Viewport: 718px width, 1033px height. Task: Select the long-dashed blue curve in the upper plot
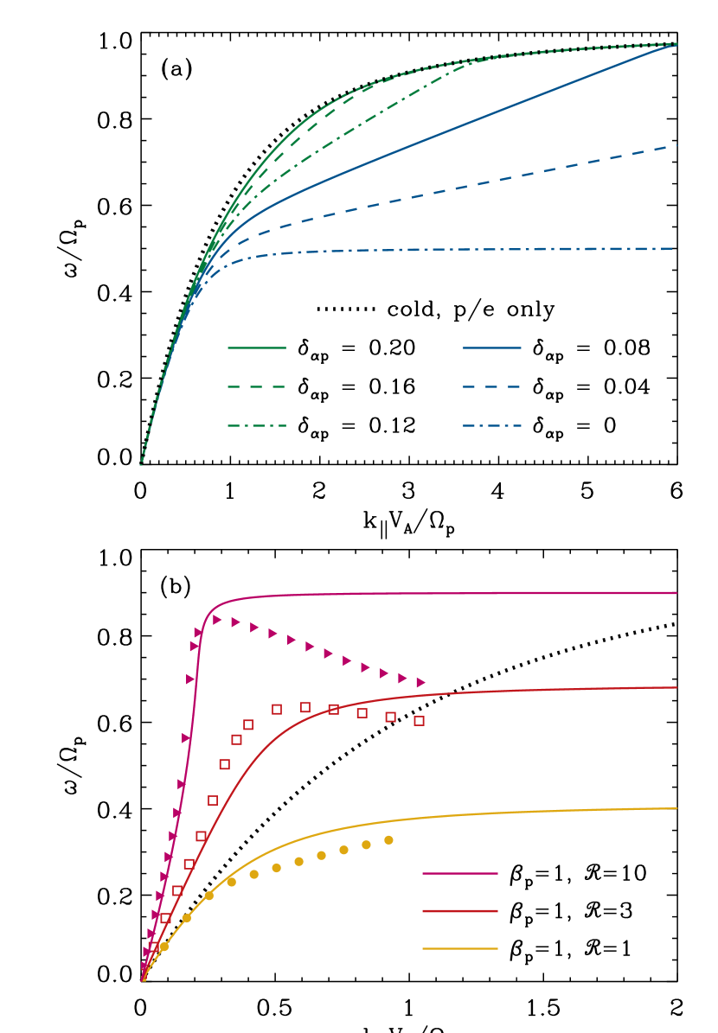[484, 182]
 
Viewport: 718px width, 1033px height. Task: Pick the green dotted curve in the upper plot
[588, 48]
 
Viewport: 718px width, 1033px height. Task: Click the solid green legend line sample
[257, 348]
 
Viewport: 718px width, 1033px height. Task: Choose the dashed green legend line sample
[257, 387]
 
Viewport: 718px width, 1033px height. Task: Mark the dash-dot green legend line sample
[257, 426]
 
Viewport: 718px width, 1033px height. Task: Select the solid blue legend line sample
[492, 348]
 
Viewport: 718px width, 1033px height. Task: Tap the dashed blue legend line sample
[492, 387]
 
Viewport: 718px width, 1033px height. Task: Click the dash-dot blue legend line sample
[492, 426]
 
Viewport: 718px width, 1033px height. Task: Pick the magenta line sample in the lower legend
[460, 874]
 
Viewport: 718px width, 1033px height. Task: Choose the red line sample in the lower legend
[460, 911]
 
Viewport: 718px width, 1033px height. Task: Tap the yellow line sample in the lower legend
[460, 949]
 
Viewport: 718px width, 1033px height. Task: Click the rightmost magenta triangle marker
[420, 683]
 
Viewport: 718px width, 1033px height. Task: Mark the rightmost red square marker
[419, 720]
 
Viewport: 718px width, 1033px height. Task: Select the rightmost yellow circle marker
[388, 840]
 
